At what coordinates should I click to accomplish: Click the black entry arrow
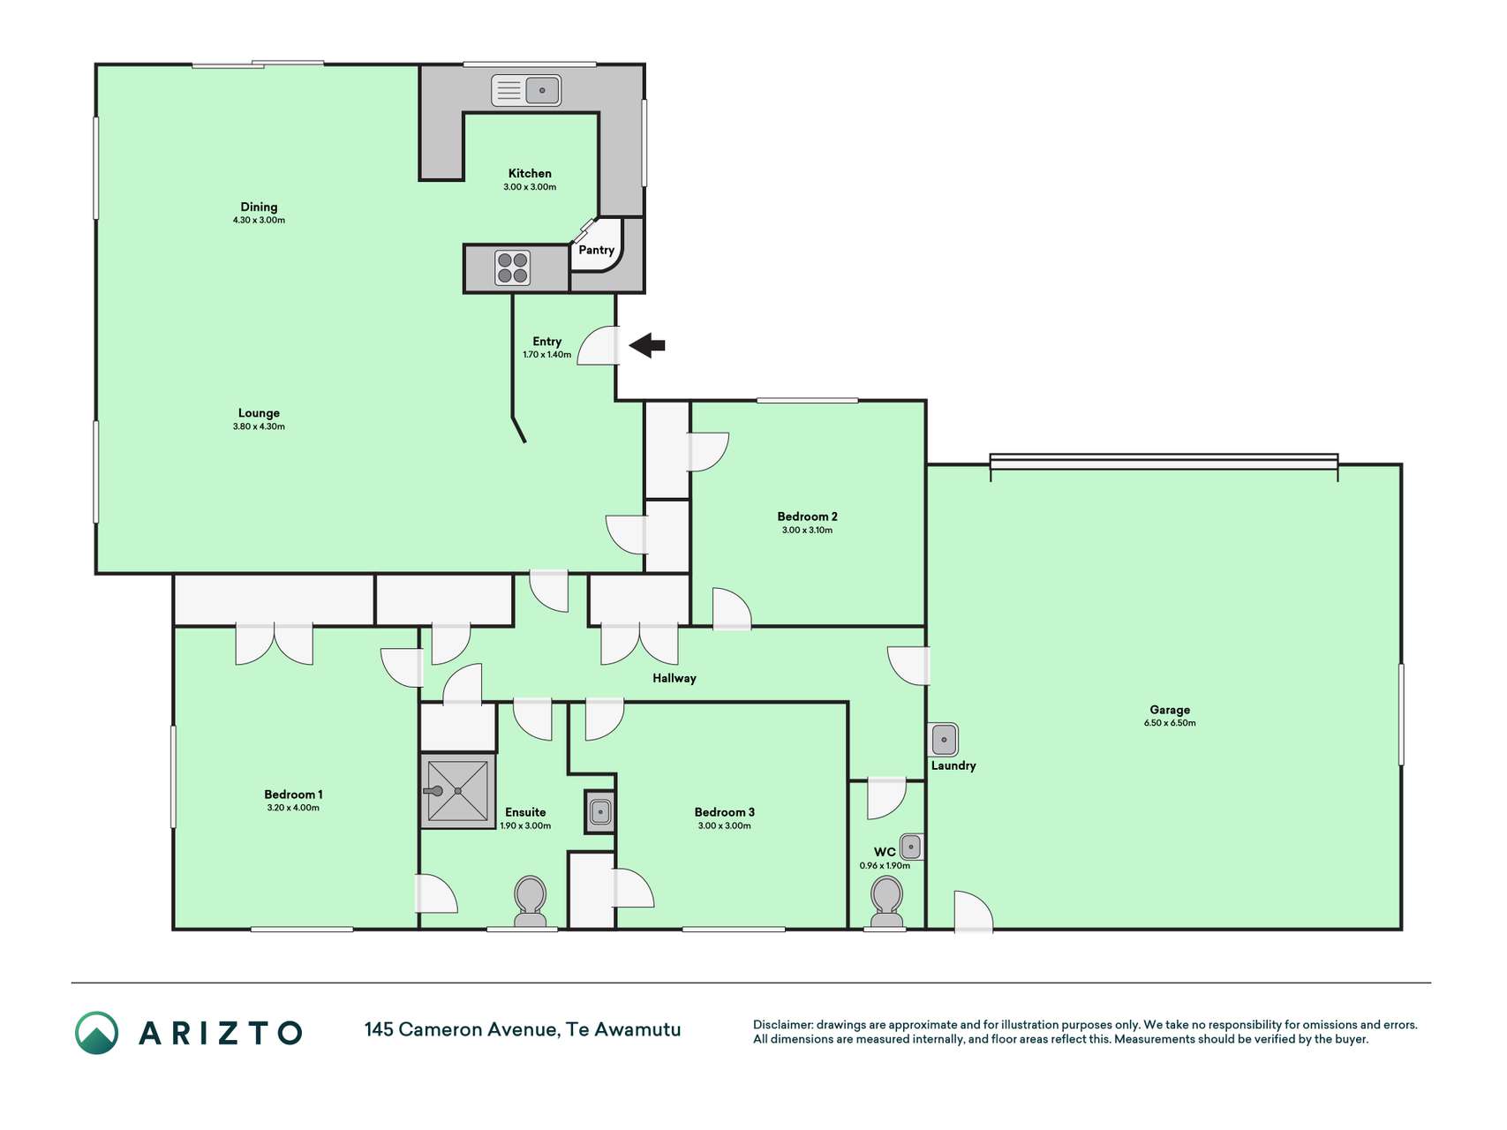point(647,345)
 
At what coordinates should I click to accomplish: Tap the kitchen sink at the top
point(526,90)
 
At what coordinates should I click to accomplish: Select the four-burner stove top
point(512,268)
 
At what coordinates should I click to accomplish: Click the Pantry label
point(596,250)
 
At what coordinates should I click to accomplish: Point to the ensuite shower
point(457,791)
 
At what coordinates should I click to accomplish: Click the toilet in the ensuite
point(530,901)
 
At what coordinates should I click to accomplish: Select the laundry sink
point(944,739)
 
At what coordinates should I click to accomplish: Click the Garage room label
point(1170,710)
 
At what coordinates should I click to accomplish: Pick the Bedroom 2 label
point(807,516)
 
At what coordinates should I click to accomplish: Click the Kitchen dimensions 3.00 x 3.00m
point(530,187)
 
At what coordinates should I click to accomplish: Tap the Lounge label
point(259,413)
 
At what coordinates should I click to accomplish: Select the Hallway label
point(674,678)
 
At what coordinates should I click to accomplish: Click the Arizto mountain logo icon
point(96,1033)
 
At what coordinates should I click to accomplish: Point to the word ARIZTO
point(221,1033)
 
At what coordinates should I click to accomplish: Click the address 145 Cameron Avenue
point(461,1029)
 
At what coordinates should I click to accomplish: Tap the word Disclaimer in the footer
point(782,1025)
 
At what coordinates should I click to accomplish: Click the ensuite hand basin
point(599,811)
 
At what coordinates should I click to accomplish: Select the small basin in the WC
point(911,847)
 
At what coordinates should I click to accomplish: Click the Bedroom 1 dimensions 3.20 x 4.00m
point(293,808)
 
